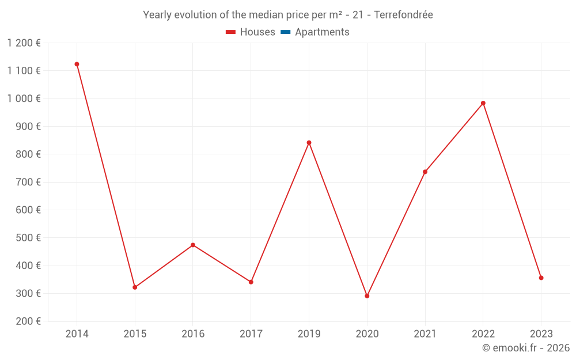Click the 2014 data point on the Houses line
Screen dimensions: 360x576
point(77,64)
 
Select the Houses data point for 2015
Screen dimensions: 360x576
point(135,287)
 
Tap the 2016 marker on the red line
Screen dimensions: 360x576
point(193,245)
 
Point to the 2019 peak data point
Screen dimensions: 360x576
point(309,142)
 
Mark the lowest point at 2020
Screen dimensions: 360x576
point(367,295)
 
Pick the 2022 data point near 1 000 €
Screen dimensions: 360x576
point(483,103)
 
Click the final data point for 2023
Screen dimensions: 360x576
point(541,278)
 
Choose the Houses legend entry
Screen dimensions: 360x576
point(251,32)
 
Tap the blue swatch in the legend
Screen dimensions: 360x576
point(285,32)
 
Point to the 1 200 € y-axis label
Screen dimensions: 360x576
point(24,43)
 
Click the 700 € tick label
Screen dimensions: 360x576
point(29,182)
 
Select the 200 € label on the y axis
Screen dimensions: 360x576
point(29,321)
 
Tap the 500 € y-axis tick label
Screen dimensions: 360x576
point(29,238)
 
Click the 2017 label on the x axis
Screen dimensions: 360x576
point(251,334)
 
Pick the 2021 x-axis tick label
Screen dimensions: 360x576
point(425,334)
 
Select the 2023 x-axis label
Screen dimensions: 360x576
point(541,334)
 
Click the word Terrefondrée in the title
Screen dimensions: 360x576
point(403,15)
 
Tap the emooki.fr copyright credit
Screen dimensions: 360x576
point(526,348)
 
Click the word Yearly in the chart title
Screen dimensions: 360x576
point(157,15)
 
